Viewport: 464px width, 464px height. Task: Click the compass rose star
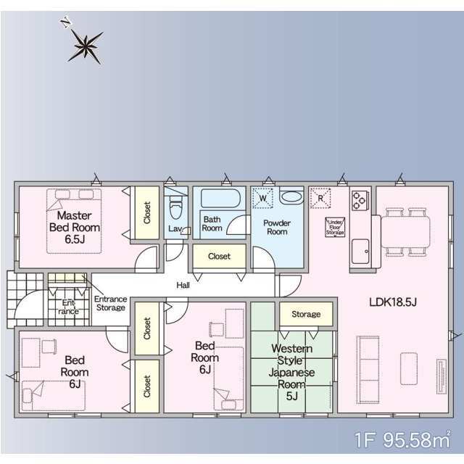click(86, 46)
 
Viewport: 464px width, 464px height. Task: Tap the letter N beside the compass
click(66, 22)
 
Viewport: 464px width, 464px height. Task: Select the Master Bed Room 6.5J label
click(74, 227)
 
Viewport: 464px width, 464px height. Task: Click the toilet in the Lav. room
click(175, 207)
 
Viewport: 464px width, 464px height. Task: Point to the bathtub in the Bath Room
click(220, 198)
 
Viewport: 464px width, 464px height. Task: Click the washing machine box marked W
click(262, 198)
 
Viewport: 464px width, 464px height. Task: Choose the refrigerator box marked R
click(320, 198)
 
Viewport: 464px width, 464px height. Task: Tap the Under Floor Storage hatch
click(335, 227)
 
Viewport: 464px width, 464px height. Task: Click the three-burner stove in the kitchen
click(360, 200)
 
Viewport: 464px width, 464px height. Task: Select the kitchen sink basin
click(360, 251)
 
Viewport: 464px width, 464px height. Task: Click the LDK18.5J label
click(393, 302)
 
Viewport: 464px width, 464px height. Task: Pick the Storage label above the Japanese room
click(306, 314)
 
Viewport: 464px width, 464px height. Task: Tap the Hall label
click(183, 285)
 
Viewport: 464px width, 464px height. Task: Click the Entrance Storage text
click(111, 303)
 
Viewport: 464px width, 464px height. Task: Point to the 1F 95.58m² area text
click(402, 439)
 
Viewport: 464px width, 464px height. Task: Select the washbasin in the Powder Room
click(291, 196)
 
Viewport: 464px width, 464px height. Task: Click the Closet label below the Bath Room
click(219, 256)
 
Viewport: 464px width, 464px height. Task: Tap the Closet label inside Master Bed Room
click(147, 212)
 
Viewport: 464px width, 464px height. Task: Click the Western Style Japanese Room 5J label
click(291, 372)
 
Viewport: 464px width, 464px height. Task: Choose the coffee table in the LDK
click(409, 368)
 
